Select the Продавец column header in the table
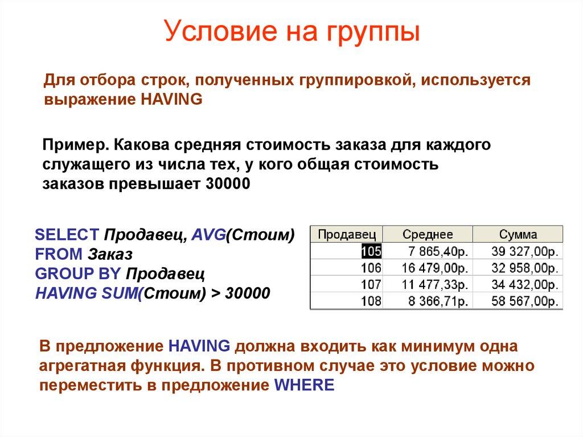[x=347, y=234]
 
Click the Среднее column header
[x=428, y=234]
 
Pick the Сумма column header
[x=518, y=234]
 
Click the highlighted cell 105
[x=371, y=251]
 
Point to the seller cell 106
[x=371, y=268]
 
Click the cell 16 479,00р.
[x=436, y=268]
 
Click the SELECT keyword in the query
[x=67, y=235]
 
